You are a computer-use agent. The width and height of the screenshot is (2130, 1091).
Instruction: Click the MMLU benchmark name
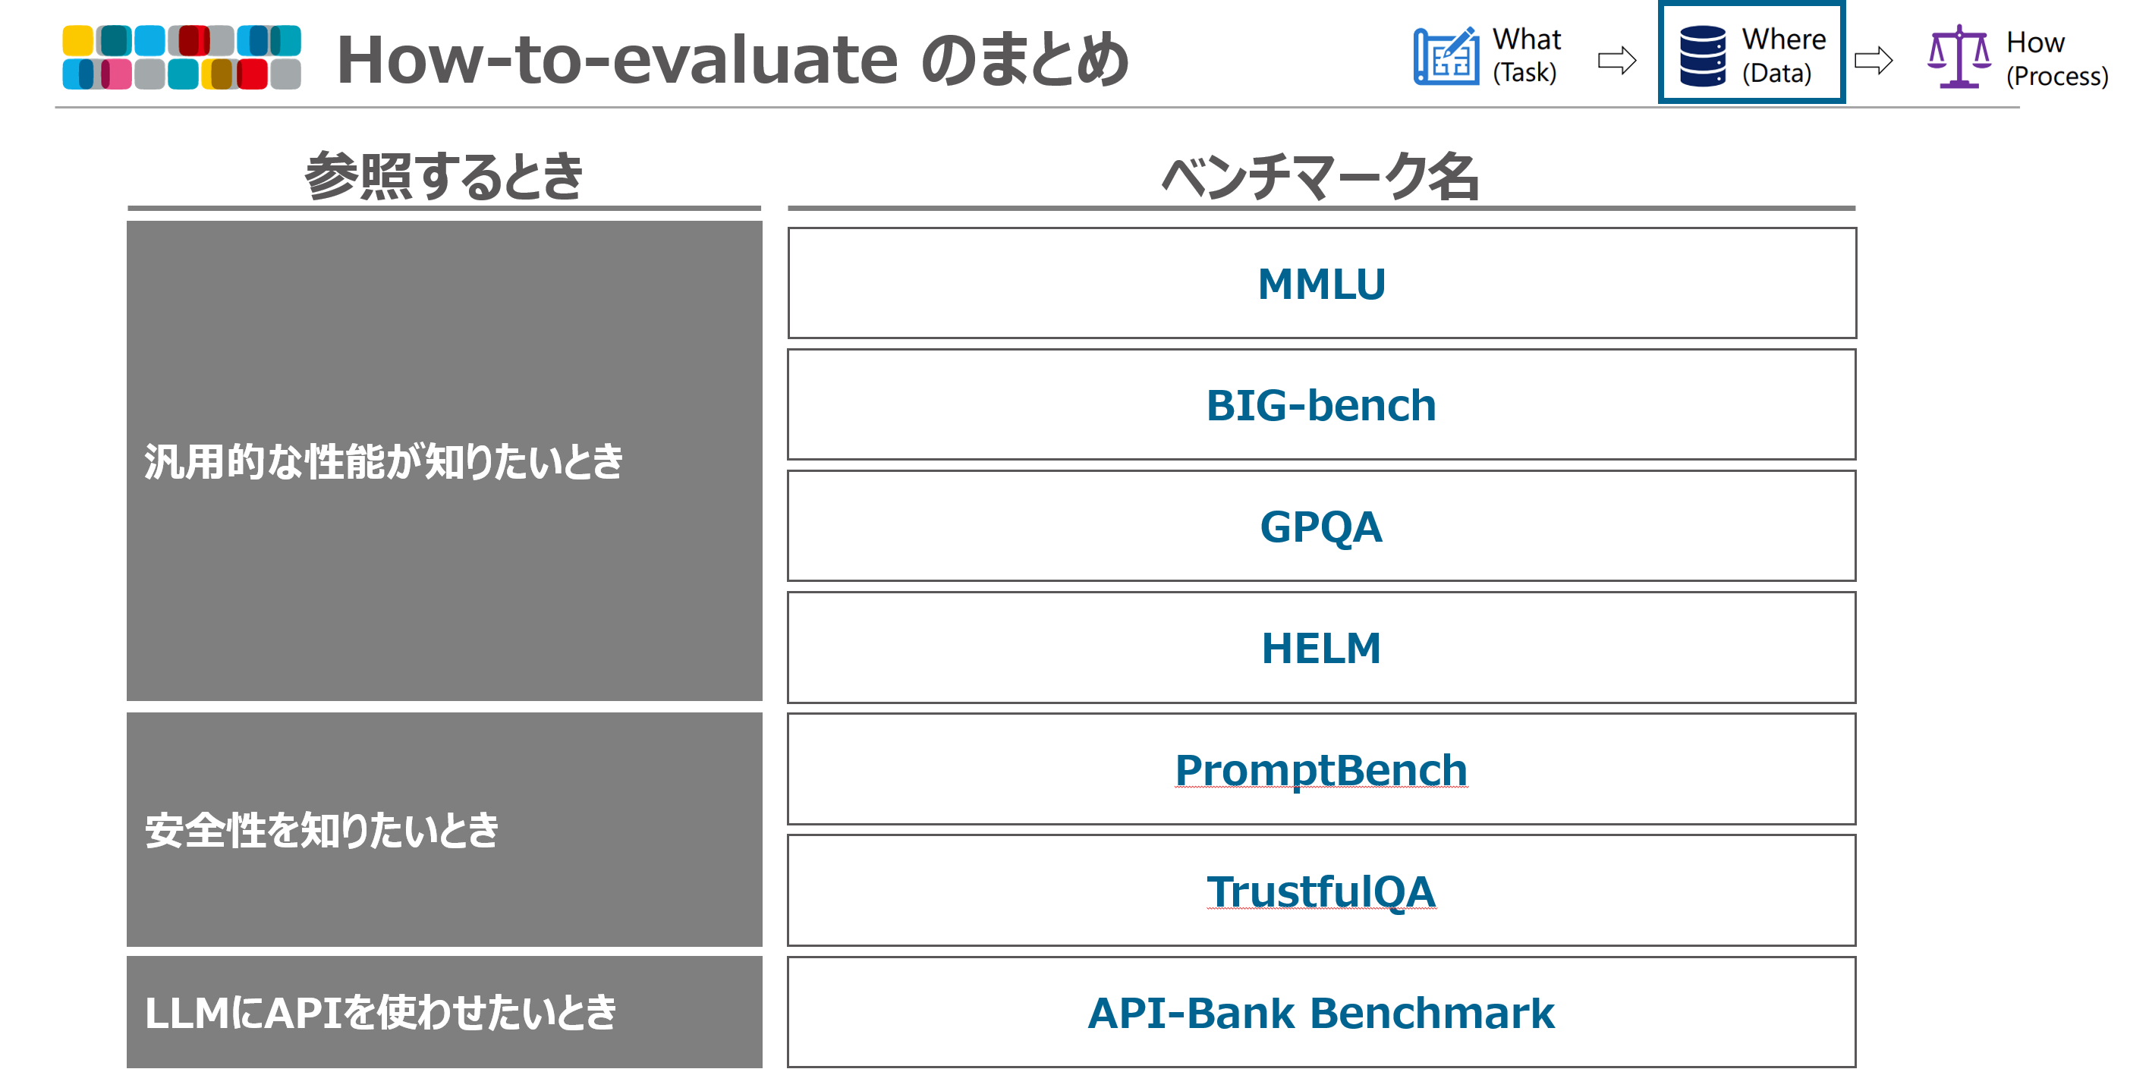pyautogui.click(x=1320, y=284)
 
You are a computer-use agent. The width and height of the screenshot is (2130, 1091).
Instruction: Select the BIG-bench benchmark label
pyautogui.click(x=1320, y=405)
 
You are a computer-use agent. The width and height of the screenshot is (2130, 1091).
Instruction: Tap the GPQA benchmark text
pyautogui.click(x=1320, y=527)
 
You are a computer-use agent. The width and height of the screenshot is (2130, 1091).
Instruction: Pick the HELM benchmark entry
pyautogui.click(x=1320, y=648)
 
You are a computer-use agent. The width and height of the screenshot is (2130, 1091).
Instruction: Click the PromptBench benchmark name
pyautogui.click(x=1320, y=770)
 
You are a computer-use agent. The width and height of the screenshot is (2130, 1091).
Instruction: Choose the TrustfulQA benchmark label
pyautogui.click(x=1320, y=891)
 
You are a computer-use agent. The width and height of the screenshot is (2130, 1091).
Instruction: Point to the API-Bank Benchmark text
pyautogui.click(x=1320, y=1014)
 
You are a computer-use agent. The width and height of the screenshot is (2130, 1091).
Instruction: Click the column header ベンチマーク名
pyautogui.click(x=1320, y=176)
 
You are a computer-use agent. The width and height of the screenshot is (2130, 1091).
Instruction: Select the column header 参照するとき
pyautogui.click(x=444, y=176)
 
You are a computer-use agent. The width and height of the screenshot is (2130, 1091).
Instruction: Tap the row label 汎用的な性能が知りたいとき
pyautogui.click(x=384, y=461)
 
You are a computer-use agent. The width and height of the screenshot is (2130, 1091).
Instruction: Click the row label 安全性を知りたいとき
pyautogui.click(x=322, y=830)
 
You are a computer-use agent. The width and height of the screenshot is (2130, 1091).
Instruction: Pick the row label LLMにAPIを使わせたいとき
pyautogui.click(x=380, y=1014)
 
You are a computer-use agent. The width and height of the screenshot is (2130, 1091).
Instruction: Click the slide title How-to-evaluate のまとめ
pyautogui.click(x=732, y=59)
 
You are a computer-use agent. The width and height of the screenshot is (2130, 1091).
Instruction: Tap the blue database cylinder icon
pyautogui.click(x=1703, y=55)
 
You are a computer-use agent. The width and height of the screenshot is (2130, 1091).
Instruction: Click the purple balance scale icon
pyautogui.click(x=1959, y=56)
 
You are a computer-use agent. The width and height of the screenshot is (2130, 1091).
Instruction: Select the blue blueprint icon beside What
pyautogui.click(x=1446, y=55)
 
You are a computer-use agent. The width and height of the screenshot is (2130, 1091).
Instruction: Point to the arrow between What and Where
pyautogui.click(x=1616, y=59)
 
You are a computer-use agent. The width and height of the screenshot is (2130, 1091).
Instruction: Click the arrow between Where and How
pyautogui.click(x=1873, y=59)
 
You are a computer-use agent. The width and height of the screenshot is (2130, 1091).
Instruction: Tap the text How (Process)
pyautogui.click(x=2056, y=58)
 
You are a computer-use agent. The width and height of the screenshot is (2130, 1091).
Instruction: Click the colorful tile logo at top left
pyautogui.click(x=182, y=56)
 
